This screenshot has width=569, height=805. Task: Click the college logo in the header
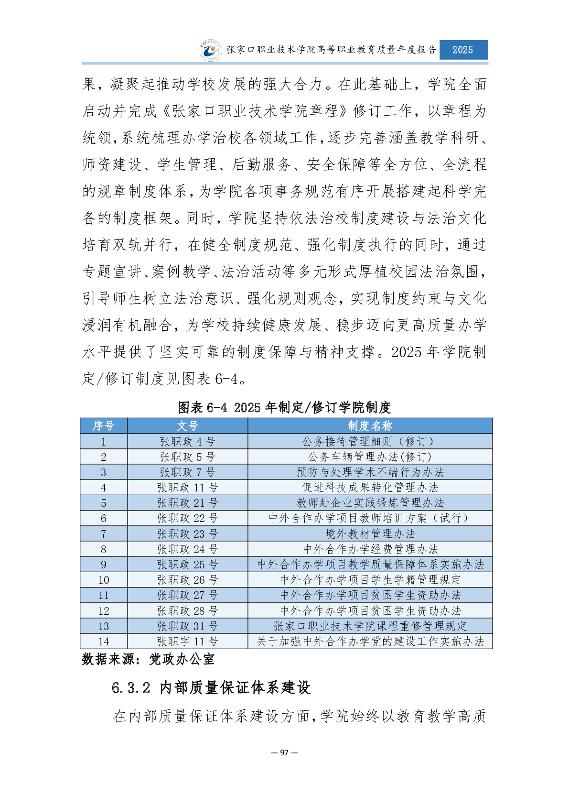(210, 50)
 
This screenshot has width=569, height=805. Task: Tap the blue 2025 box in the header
(463, 50)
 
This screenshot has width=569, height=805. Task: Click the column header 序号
(104, 426)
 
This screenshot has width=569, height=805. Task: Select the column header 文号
(187, 426)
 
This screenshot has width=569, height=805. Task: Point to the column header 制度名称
(370, 426)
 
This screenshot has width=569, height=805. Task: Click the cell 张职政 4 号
(187, 442)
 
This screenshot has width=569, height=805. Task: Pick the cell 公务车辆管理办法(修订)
(370, 457)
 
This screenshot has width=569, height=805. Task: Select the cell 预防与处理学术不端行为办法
(370, 472)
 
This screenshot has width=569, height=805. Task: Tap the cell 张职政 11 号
(187, 488)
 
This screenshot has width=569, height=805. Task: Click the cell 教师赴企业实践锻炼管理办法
(370, 503)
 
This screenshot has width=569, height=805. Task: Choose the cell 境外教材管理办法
(370, 534)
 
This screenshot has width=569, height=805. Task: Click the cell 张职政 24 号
(187, 549)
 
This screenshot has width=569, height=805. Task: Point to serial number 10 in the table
(104, 580)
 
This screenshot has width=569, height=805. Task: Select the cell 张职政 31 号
(187, 626)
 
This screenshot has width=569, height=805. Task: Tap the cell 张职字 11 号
(187, 642)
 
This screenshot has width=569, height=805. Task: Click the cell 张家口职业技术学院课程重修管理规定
(370, 626)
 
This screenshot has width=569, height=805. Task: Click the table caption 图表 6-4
(284, 408)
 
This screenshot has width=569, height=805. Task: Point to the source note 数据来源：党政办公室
(148, 659)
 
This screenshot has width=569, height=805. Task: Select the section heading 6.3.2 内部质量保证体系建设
(211, 688)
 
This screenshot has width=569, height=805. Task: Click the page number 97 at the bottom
(284, 752)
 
